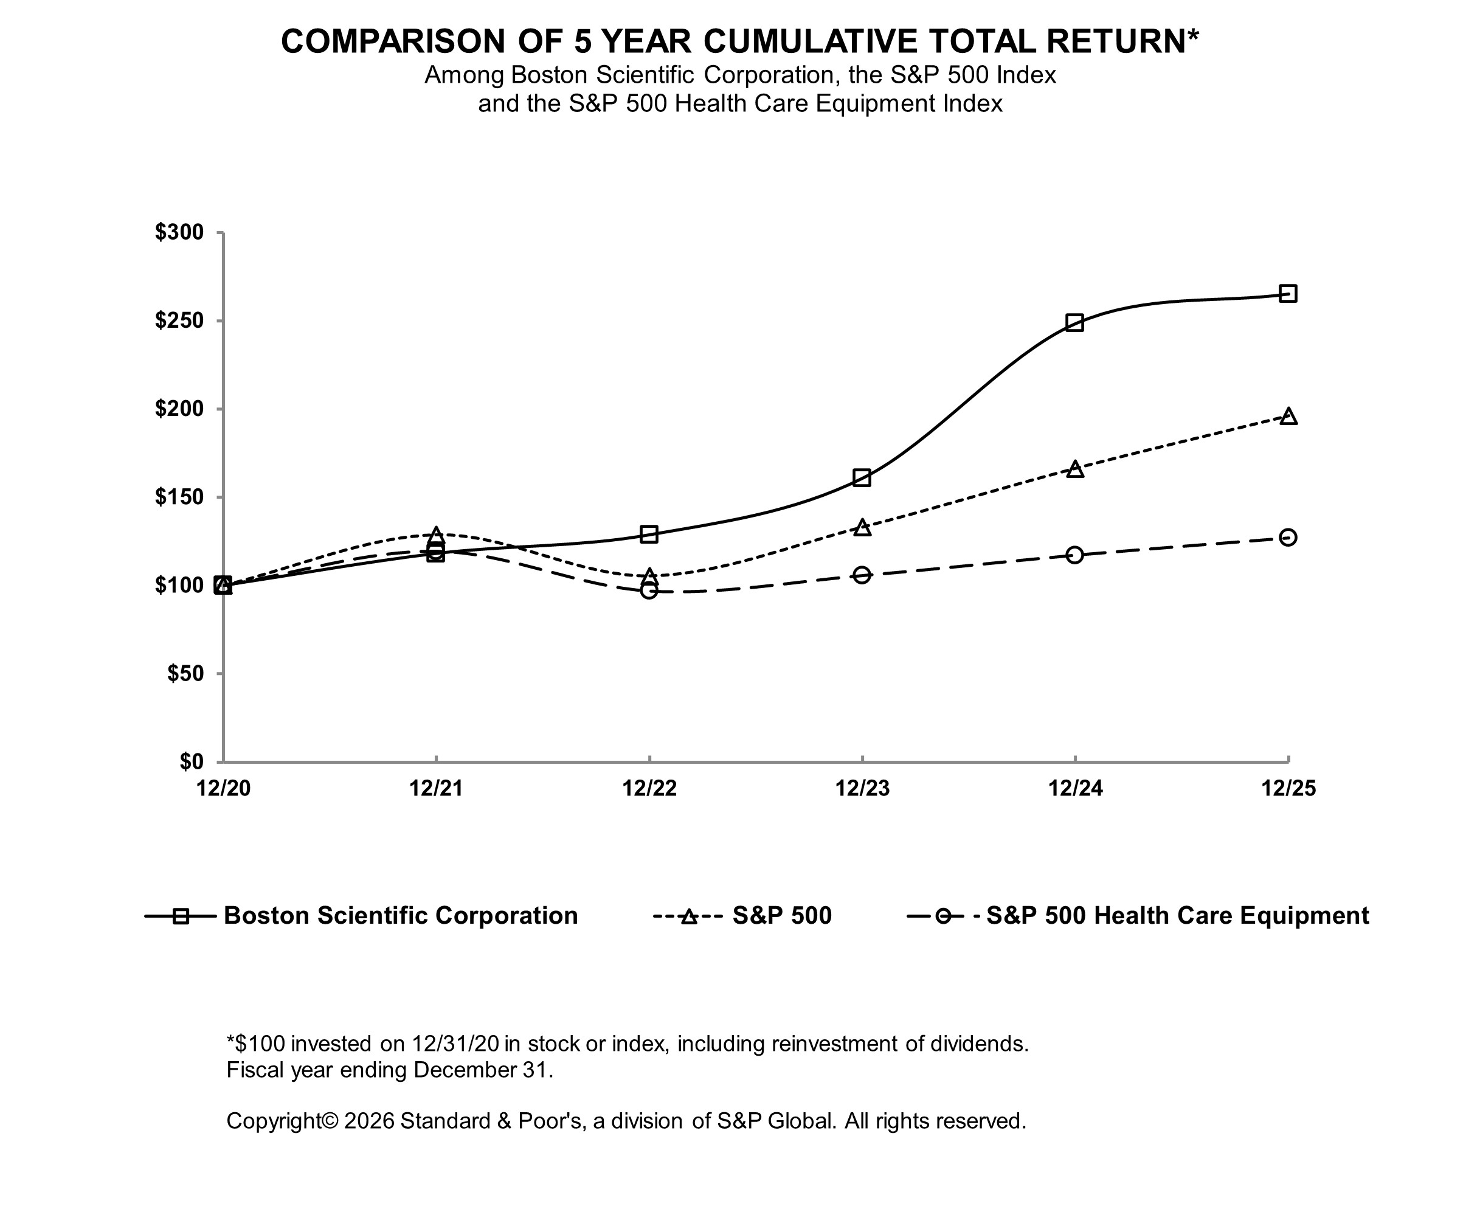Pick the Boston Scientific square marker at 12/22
tap(649, 534)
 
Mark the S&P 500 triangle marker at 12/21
tap(436, 535)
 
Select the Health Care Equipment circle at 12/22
tap(649, 590)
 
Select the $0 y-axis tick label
tap(191, 761)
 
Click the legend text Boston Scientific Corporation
tap(400, 915)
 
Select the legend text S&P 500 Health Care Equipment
tap(1177, 915)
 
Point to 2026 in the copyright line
tap(368, 1121)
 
